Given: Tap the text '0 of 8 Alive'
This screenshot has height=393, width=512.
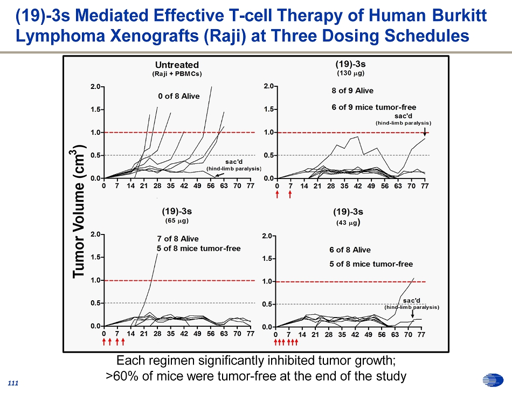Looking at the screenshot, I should pos(178,96).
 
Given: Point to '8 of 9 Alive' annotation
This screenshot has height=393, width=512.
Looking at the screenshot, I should pos(352,91).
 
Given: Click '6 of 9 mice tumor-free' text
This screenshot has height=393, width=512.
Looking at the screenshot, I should pos(373,107).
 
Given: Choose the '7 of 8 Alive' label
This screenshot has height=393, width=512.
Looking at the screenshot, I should pos(177,239).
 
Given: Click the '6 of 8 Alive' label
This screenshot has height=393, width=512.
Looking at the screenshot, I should pos(350,250).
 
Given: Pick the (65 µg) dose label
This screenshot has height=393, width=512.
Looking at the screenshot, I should pos(177,220).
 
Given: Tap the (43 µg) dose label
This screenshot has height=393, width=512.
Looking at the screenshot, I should pos(348,222).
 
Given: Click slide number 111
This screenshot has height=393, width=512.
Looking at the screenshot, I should pos(13,382).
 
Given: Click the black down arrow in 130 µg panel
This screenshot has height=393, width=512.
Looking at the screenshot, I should pos(425,131).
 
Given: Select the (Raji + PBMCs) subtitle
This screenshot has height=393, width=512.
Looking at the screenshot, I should pos(177,73).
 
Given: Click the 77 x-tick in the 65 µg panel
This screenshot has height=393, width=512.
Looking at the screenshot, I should pos(250,334).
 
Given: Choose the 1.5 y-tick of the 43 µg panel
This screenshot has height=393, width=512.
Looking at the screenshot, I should pos(269,259).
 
